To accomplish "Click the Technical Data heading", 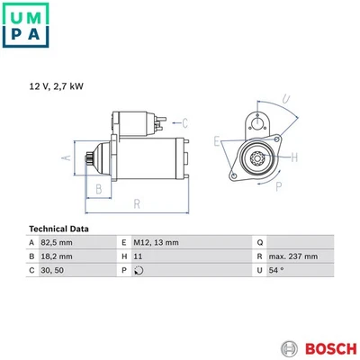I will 59,229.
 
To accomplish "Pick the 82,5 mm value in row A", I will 56,243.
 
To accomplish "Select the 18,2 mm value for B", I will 56,256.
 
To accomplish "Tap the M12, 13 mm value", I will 157,243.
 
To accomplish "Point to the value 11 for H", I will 138,256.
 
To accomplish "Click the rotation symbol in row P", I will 139,270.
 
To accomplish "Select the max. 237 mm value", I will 295,256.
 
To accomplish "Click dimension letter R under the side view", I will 136,204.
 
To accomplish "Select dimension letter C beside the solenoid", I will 184,122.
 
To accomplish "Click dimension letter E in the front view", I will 217,141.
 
